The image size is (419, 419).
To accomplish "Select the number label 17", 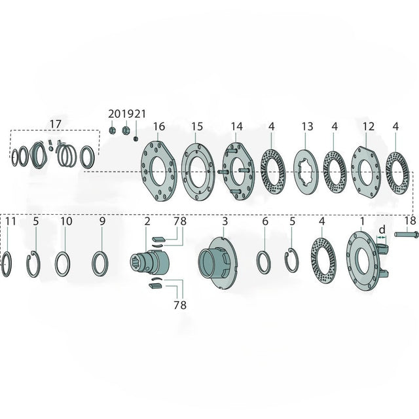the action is (x=56, y=124).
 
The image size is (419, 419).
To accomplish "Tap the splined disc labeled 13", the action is (x=306, y=171).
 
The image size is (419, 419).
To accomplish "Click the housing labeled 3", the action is (x=217, y=263).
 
